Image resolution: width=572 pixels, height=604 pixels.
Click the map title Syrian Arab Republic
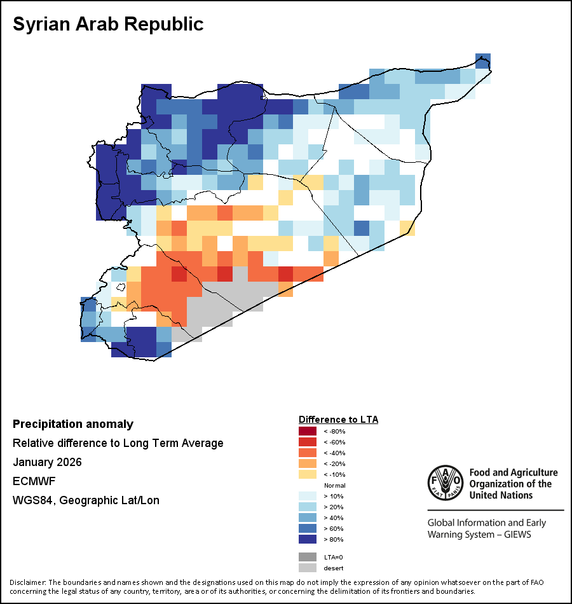108,24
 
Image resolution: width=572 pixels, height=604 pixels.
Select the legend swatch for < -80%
307,432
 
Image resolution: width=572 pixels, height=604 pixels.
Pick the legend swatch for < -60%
307,443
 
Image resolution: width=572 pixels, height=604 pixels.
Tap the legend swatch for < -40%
307,453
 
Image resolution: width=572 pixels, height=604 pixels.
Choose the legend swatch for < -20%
307,464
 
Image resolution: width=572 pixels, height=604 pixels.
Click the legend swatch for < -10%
307,475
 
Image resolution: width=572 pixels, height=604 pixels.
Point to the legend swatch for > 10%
307,497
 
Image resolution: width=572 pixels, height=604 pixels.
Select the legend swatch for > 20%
307,507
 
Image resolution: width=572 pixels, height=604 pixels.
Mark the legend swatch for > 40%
307,518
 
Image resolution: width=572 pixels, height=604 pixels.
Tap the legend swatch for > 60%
307,529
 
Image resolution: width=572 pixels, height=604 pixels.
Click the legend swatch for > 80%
307,540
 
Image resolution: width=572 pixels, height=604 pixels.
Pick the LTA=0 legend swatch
307,557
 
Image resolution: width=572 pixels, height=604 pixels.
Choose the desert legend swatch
307,568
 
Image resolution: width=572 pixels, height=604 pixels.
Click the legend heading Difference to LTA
338,420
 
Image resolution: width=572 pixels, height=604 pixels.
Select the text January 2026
47,462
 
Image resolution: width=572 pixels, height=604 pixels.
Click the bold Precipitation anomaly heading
73,424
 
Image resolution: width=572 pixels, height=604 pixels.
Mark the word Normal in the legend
334,486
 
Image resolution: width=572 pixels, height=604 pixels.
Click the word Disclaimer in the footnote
27,582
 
